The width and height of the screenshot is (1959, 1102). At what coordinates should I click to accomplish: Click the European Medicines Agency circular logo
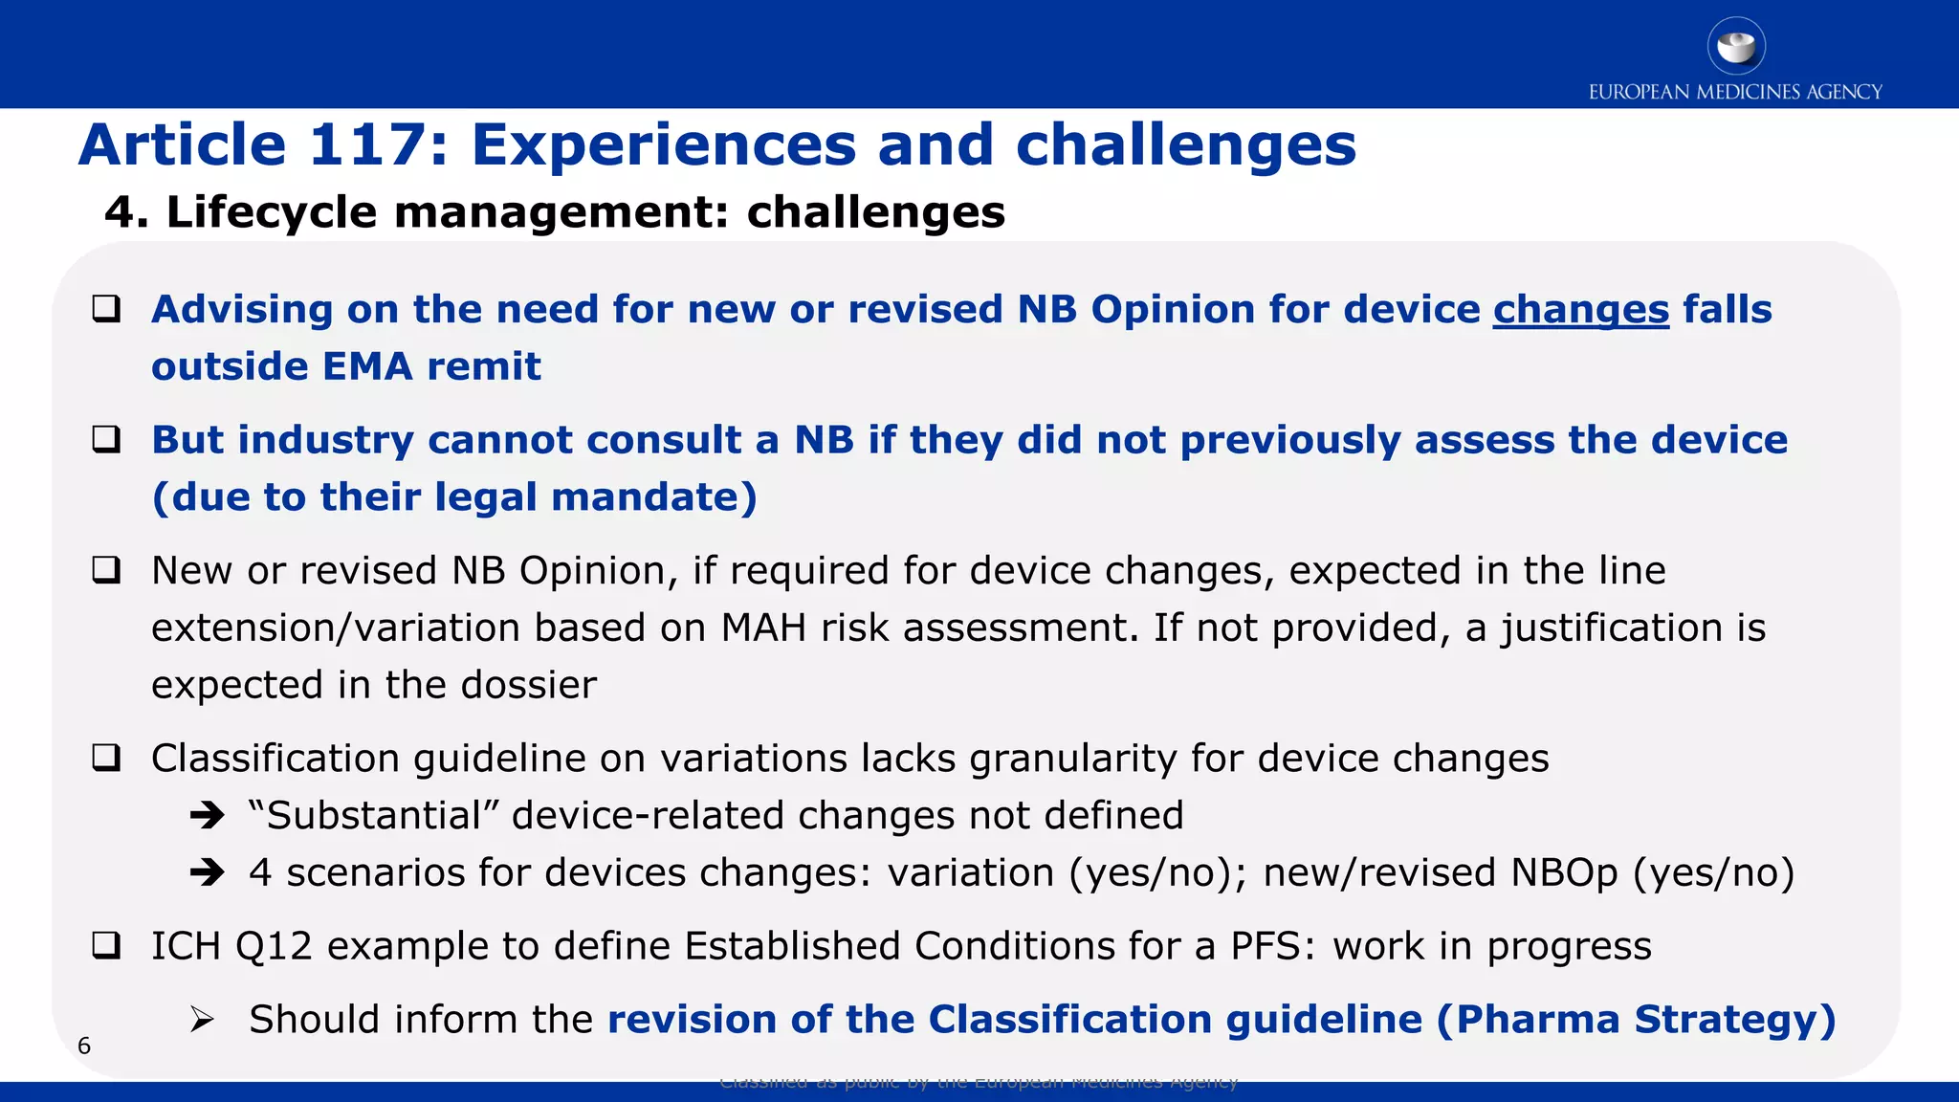coord(1735,46)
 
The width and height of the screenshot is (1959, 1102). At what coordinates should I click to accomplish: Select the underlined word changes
coord(1580,310)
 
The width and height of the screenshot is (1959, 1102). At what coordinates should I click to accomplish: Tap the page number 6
coord(84,1046)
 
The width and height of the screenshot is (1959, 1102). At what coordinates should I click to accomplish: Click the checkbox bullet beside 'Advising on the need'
coord(106,309)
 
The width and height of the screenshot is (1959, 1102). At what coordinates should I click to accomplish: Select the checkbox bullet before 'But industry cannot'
coord(106,439)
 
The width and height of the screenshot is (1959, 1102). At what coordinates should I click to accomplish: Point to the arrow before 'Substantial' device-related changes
coord(207,816)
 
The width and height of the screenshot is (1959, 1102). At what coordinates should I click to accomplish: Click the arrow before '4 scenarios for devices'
coord(207,872)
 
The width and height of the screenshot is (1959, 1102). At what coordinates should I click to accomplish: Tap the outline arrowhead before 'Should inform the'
coord(202,1020)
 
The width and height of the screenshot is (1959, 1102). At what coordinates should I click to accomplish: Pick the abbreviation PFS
coord(1266,946)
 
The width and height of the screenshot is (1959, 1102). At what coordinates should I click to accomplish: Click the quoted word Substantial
coord(373,816)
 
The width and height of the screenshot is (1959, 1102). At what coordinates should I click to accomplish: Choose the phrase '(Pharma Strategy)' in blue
coord(1636,1020)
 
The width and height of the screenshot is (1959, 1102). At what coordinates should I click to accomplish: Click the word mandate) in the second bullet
coord(653,497)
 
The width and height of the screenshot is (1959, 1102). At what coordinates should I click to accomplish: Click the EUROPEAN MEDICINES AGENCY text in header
coord(1735,92)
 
